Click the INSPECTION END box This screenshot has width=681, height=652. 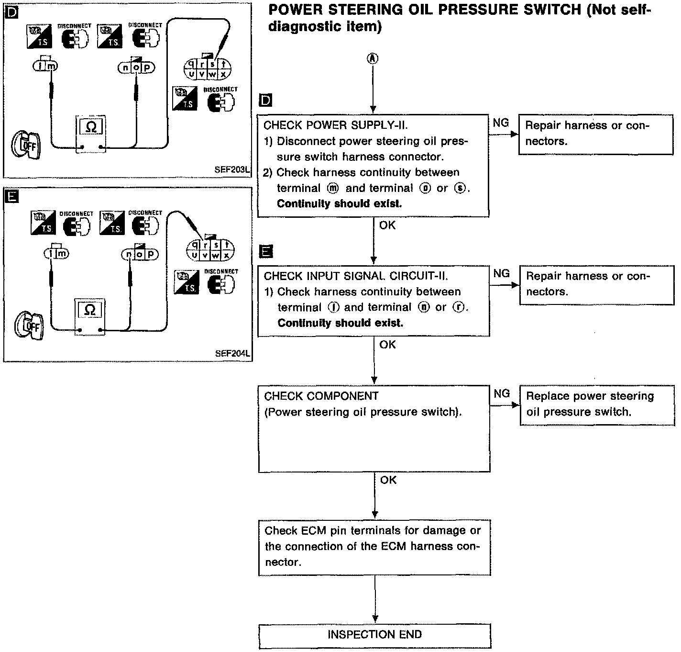374,635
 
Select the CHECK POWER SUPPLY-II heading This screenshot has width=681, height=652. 335,125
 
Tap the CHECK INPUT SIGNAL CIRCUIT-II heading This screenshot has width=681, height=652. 356,276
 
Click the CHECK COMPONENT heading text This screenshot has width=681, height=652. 321,396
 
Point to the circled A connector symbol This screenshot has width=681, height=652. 373,58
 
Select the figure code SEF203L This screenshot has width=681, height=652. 232,169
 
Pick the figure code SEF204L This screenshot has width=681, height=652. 232,354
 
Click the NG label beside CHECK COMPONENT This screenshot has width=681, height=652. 502,393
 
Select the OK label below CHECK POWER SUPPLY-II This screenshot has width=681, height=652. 387,225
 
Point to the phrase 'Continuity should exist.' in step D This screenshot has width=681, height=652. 339,203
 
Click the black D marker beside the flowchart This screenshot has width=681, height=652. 264,100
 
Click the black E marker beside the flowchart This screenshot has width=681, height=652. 265,251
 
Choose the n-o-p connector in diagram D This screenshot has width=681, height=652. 136,68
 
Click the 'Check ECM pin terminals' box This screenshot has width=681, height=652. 374,547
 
